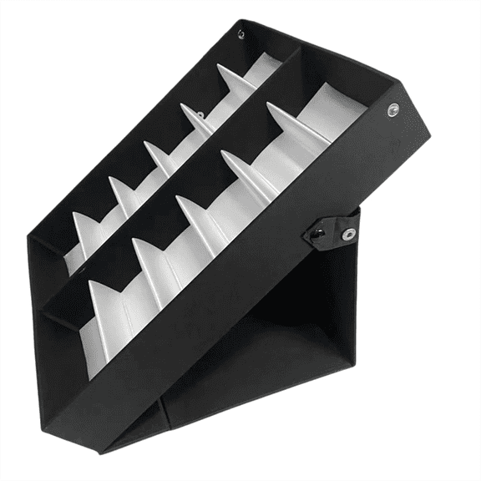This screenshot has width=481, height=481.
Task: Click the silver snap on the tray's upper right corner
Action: point(392,109)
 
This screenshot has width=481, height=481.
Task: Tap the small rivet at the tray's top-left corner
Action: point(241,34)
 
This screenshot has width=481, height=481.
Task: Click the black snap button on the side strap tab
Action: point(320,235)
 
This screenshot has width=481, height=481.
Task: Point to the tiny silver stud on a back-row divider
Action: point(200,114)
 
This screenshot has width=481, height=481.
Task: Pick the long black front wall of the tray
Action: point(242,276)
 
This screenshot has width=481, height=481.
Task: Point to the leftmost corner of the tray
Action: point(31,242)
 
